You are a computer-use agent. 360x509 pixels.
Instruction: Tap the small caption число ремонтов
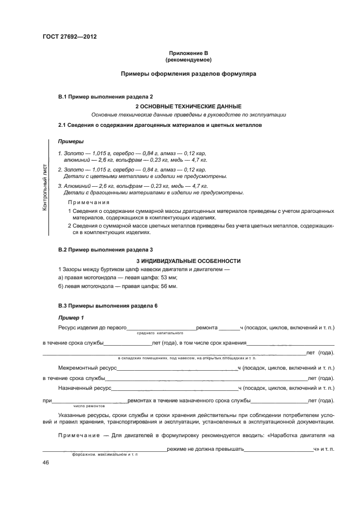click(x=89, y=406)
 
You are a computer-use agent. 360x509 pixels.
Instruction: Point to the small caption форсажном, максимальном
click(x=105, y=454)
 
